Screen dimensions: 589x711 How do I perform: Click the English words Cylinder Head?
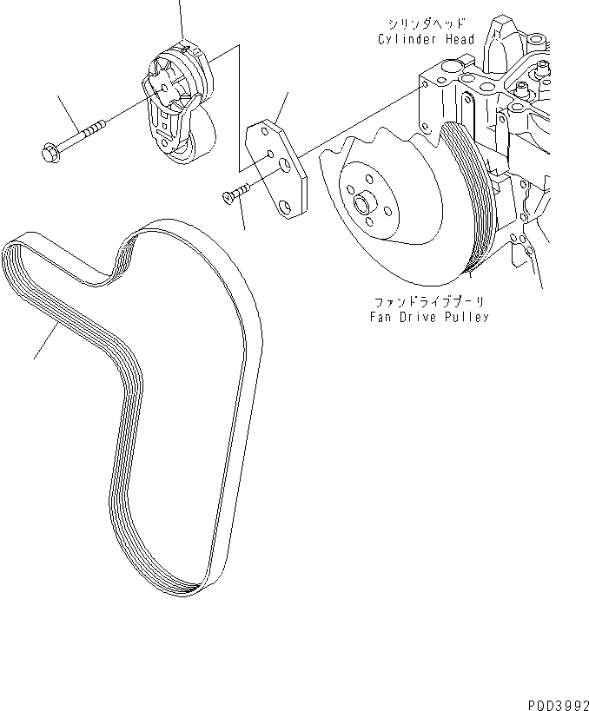point(426,39)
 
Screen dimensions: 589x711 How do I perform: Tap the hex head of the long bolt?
point(49,155)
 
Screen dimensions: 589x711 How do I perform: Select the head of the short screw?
point(228,198)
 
